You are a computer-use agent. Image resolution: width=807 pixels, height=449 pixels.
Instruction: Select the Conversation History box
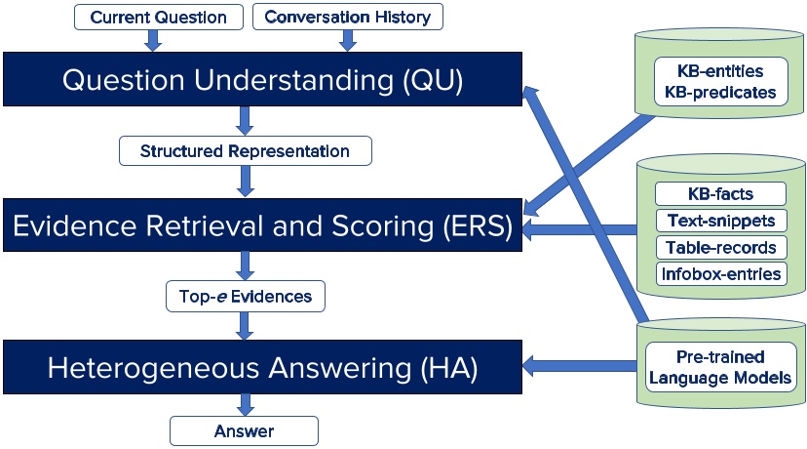[x=348, y=17]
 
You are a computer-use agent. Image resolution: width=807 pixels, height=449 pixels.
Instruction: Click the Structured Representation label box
[x=245, y=151]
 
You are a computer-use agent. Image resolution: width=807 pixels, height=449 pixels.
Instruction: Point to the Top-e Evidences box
[x=245, y=296]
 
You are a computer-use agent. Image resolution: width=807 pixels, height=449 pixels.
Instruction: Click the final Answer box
[x=245, y=430]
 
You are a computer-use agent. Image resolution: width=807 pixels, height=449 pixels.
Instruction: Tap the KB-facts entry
[x=720, y=194]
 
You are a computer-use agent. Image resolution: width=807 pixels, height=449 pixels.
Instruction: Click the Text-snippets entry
[x=720, y=221]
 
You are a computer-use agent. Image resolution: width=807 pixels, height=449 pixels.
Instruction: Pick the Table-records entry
[x=720, y=247]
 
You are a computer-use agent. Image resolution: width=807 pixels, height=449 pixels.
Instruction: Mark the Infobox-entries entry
[x=720, y=273]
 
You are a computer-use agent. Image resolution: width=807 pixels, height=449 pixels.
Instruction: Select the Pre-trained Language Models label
[x=720, y=367]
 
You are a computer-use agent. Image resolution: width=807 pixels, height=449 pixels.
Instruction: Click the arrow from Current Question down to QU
[x=152, y=40]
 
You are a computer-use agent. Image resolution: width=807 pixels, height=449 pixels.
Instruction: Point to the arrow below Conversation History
[x=347, y=40]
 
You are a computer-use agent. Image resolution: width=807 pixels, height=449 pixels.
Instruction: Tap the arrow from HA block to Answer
[x=245, y=405]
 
